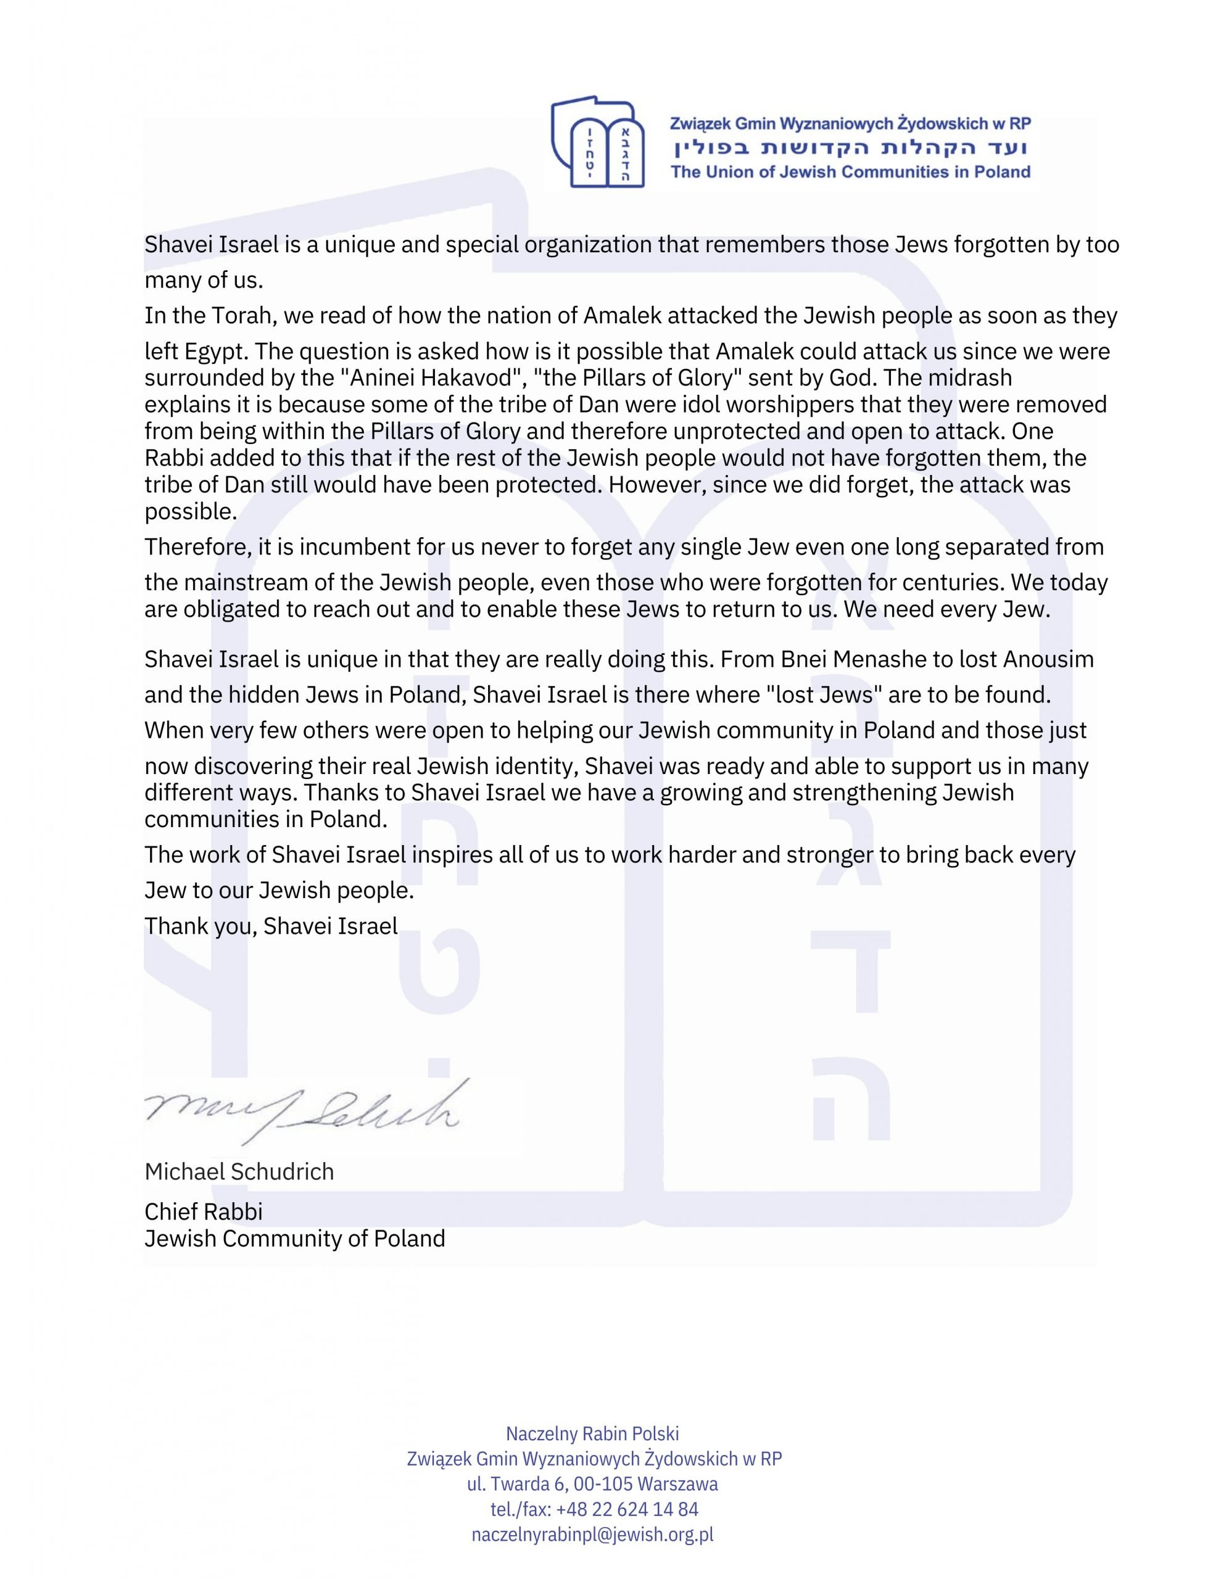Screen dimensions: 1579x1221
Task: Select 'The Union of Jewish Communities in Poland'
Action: (x=851, y=172)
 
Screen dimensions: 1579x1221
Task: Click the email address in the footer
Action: (x=592, y=1534)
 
